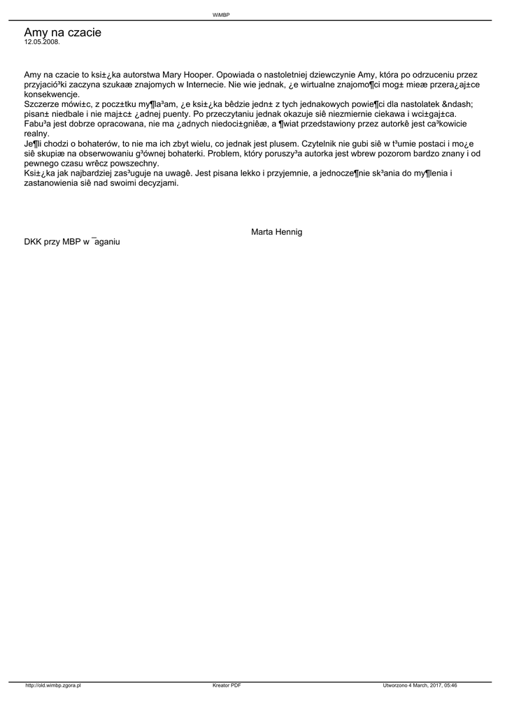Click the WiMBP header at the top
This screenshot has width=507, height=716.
(x=221, y=15)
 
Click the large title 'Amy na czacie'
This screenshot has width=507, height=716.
(x=62, y=32)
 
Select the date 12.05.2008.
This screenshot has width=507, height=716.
(x=42, y=42)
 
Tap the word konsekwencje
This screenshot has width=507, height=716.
(x=52, y=94)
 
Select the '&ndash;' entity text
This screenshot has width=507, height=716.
(x=435, y=104)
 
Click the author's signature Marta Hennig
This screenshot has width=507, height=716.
(x=276, y=231)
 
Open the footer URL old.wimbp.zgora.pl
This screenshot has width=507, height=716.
(x=53, y=686)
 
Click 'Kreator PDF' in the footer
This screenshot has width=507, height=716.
(x=227, y=686)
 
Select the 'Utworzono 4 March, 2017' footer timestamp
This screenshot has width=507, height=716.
(x=420, y=686)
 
